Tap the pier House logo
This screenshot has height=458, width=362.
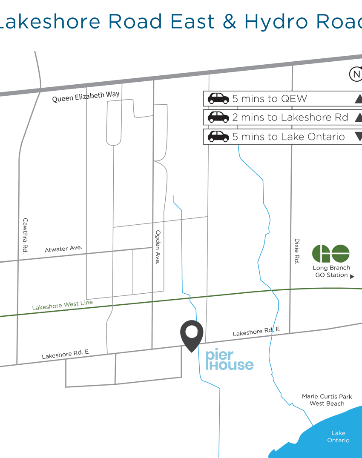point(229,361)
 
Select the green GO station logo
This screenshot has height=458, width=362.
point(331,254)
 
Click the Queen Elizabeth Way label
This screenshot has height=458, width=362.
point(86,97)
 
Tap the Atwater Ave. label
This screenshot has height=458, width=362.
point(63,249)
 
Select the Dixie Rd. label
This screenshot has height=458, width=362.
point(297,251)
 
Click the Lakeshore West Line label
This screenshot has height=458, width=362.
point(62,305)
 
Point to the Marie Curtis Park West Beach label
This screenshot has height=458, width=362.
point(327,400)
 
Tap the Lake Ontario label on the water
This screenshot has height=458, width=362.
point(338,437)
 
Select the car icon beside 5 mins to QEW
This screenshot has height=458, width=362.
point(218,99)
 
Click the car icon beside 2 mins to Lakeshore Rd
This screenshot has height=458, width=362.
point(218,117)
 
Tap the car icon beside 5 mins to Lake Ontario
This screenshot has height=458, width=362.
point(218,136)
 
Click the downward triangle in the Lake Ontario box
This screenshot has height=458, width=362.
point(358,136)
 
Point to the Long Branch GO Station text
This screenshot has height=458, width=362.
point(331,272)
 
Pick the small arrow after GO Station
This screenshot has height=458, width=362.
point(352,276)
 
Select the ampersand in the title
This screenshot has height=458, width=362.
point(229,21)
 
